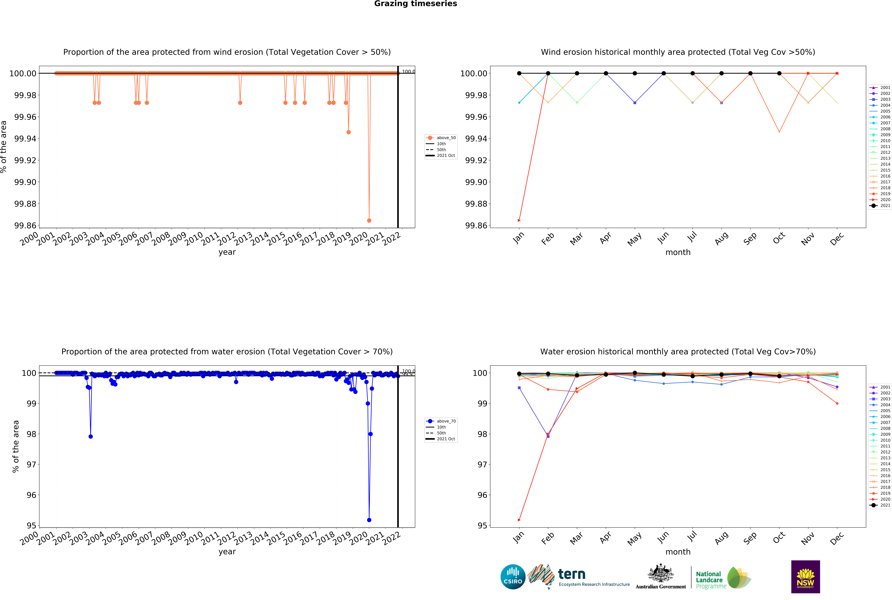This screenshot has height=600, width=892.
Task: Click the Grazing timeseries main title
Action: (415, 4)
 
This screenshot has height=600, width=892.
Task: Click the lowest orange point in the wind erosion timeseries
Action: (369, 220)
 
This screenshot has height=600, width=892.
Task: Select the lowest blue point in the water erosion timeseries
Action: (369, 520)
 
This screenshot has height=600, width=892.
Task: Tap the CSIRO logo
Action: (513, 577)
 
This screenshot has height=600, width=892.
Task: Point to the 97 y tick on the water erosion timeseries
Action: (31, 465)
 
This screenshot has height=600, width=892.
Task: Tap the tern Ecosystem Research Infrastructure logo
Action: (578, 577)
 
